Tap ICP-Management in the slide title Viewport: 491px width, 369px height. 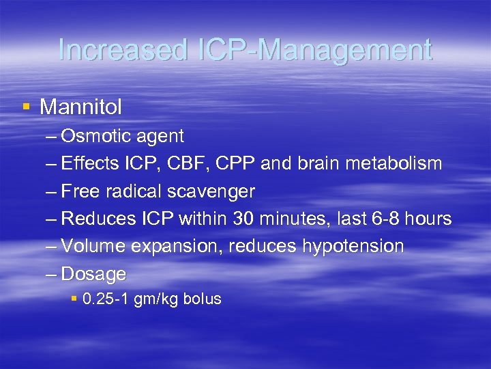[x=309, y=51]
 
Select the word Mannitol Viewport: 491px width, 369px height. [x=81, y=107]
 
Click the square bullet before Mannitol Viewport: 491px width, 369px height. [x=27, y=106]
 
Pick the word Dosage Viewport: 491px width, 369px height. [x=93, y=274]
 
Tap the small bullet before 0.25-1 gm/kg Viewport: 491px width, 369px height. [x=74, y=299]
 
